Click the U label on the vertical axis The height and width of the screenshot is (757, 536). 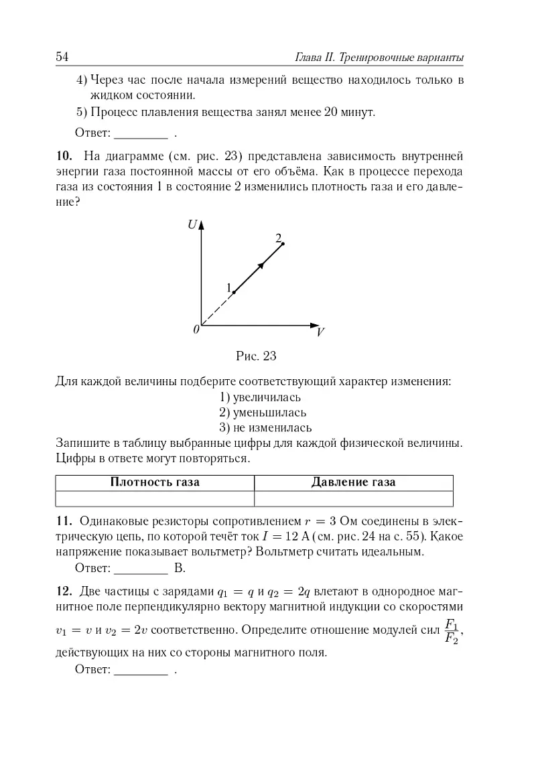[192, 225]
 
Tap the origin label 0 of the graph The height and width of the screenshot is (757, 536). [196, 329]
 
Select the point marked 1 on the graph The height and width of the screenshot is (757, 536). [233, 291]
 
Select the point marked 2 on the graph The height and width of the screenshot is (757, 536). [283, 244]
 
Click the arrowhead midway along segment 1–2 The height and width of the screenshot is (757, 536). [261, 265]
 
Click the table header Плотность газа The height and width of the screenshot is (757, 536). [155, 482]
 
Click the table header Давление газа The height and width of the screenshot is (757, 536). [354, 482]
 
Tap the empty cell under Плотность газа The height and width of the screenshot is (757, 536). [155, 498]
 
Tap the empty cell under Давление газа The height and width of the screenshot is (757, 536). [354, 498]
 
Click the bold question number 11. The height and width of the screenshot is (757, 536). [63, 521]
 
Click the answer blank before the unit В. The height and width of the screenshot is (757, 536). [141, 569]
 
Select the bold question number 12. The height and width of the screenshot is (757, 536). [63, 591]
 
